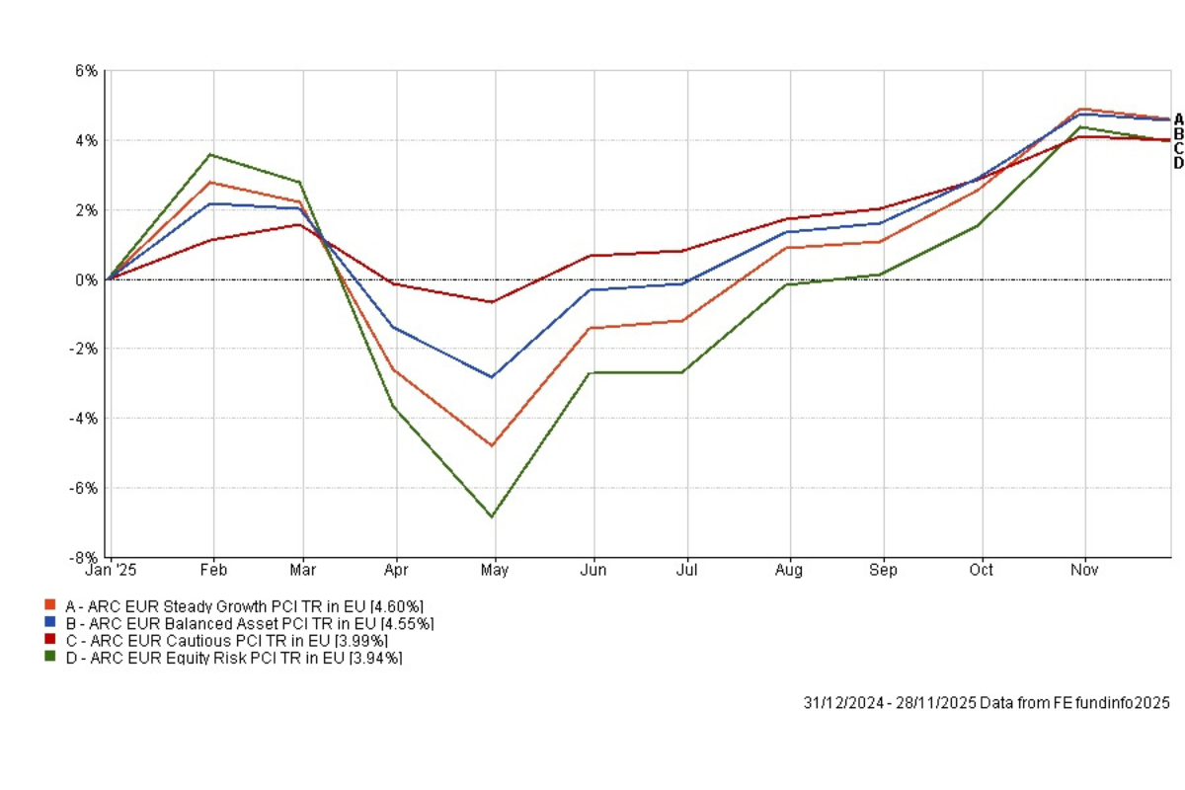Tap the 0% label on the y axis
click(x=88, y=279)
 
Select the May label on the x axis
click(x=494, y=571)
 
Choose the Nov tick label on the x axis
click(x=1085, y=571)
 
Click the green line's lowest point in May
click(x=492, y=516)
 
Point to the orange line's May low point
click(x=492, y=445)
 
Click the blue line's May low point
click(x=492, y=377)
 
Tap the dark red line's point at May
click(x=492, y=302)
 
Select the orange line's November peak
click(x=1083, y=109)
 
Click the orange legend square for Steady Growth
click(x=49, y=604)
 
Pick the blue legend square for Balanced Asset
click(x=49, y=622)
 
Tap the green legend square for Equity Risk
click(x=49, y=657)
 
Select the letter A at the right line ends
click(x=1178, y=118)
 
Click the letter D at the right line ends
click(x=1178, y=163)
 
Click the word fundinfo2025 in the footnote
click(x=1124, y=703)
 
